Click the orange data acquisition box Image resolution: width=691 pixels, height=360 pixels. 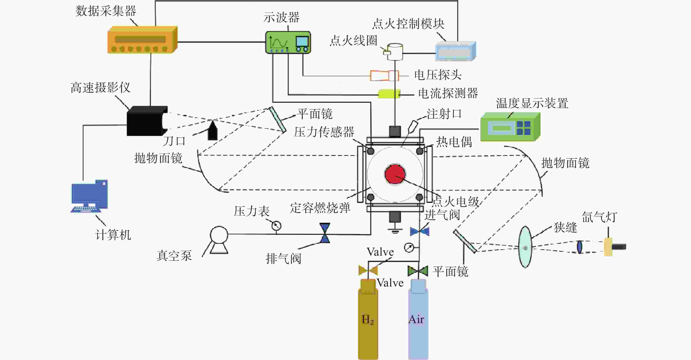click(x=142, y=40)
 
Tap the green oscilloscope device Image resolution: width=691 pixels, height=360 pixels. click(x=288, y=42)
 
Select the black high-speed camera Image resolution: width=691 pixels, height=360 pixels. click(x=147, y=121)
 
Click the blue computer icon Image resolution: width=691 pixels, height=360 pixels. click(x=89, y=196)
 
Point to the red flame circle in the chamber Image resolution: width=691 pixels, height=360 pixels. click(x=395, y=174)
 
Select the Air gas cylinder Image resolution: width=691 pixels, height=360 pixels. click(x=418, y=319)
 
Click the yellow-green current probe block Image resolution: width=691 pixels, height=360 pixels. click(x=389, y=94)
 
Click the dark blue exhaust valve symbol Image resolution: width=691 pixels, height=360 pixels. click(x=325, y=233)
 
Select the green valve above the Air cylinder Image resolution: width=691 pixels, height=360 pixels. click(x=418, y=271)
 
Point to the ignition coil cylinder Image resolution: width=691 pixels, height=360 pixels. click(x=393, y=52)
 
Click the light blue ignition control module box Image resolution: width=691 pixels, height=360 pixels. click(x=455, y=51)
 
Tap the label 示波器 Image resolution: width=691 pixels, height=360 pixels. click(x=281, y=17)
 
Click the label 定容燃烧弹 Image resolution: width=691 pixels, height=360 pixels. click(x=320, y=208)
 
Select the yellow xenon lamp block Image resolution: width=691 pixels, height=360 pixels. click(x=608, y=247)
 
